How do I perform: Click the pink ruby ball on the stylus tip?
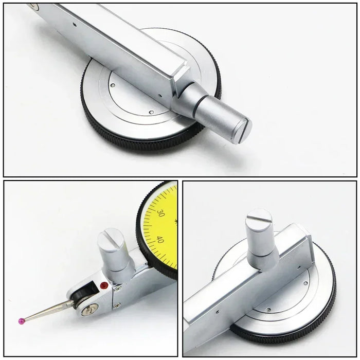click(21, 320)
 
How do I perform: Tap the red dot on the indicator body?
click(104, 285)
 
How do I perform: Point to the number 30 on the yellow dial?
click(160, 213)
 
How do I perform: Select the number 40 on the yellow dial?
click(160, 240)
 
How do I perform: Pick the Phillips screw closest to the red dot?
click(118, 288)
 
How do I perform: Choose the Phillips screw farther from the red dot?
click(117, 305)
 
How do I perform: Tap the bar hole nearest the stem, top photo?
click(160, 96)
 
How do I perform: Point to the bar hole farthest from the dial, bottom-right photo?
click(218, 312)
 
